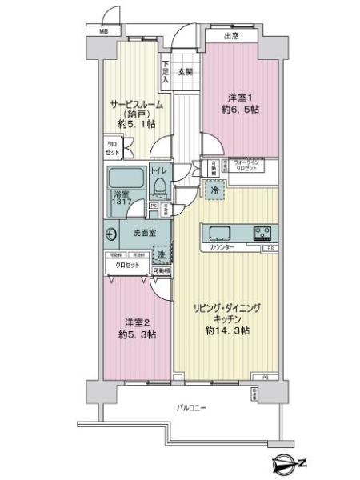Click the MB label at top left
pyautogui.click(x=103, y=31)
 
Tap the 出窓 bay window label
pyautogui.click(x=231, y=35)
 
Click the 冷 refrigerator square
pyautogui.click(x=214, y=190)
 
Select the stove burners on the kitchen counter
pyautogui.click(x=262, y=233)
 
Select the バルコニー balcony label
pyautogui.click(x=192, y=408)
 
